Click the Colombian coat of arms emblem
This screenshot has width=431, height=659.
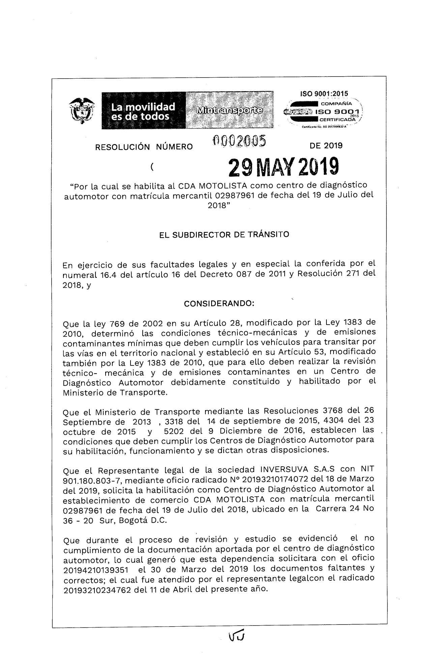(x=81, y=110)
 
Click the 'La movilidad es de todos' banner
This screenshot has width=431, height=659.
(x=143, y=111)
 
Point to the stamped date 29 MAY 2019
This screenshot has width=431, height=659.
(x=283, y=167)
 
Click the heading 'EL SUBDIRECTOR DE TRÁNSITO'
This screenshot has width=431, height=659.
(x=224, y=234)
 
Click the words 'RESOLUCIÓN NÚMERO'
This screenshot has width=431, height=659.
(x=144, y=146)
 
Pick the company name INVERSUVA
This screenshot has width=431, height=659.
(x=282, y=469)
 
